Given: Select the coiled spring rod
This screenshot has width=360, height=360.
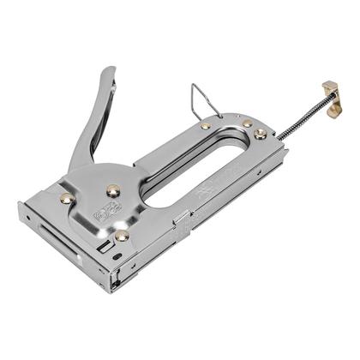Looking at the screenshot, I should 302,115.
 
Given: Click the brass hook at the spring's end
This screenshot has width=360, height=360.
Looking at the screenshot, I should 328,90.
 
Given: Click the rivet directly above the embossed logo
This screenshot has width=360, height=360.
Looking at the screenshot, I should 112,190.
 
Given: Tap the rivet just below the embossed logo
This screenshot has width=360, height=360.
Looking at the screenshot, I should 122,234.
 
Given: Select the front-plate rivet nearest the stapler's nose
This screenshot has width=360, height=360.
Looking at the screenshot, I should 66,199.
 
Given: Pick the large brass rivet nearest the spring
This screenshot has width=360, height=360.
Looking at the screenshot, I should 259,133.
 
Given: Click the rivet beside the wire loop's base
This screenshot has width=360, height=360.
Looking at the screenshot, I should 206,126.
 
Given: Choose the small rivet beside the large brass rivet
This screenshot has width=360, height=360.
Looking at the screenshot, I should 247,123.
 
